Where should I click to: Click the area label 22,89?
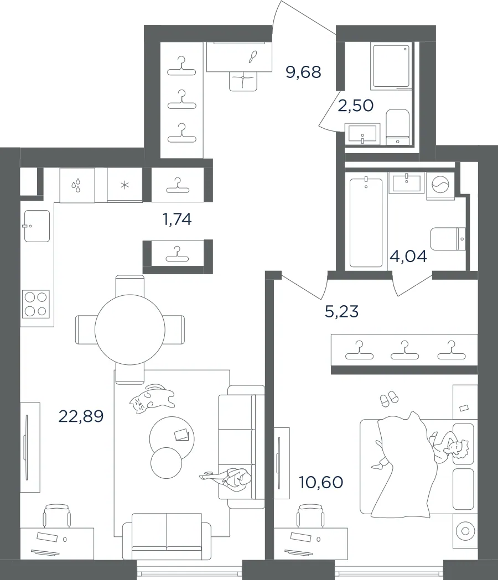tap(81, 416)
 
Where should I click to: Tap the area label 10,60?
tap(321, 482)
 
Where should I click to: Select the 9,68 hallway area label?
tap(303, 72)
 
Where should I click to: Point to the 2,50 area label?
tap(355, 106)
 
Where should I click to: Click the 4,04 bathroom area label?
tap(408, 256)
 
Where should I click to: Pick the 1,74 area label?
tap(177, 220)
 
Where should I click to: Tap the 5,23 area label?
tap(341, 311)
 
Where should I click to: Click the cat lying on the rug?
tap(152, 399)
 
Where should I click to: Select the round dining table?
tap(130, 330)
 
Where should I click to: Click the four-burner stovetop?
tap(36, 304)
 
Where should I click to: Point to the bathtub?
tap(366, 223)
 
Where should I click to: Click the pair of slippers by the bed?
tap(390, 398)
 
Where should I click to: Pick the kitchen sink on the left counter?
tap(37, 226)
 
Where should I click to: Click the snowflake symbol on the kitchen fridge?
tap(125, 185)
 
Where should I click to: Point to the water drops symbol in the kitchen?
tap(77, 186)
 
